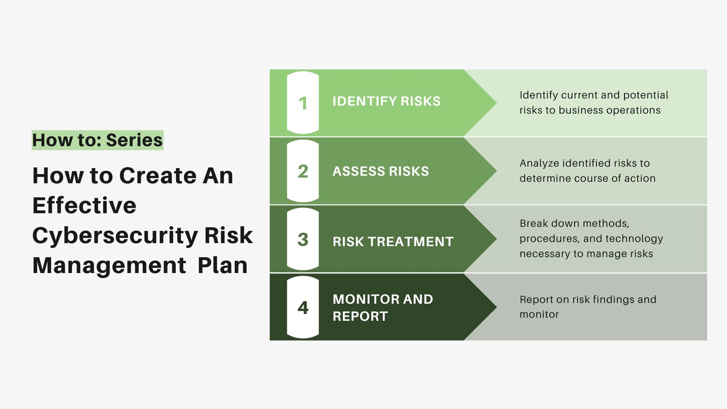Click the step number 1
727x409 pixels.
(303, 103)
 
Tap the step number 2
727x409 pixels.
(303, 171)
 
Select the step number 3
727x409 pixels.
(303, 239)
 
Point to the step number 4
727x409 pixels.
(303, 308)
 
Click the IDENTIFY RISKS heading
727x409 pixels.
(387, 101)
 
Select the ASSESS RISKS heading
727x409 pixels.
(381, 172)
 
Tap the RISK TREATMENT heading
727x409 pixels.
(393, 242)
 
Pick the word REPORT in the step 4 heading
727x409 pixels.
(360, 316)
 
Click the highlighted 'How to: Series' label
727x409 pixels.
(97, 140)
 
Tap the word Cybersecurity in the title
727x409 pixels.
(115, 236)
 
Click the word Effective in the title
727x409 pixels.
(84, 205)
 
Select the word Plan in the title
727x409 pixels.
(223, 265)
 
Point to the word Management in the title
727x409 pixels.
(109, 265)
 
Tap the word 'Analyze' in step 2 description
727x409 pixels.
(539, 164)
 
